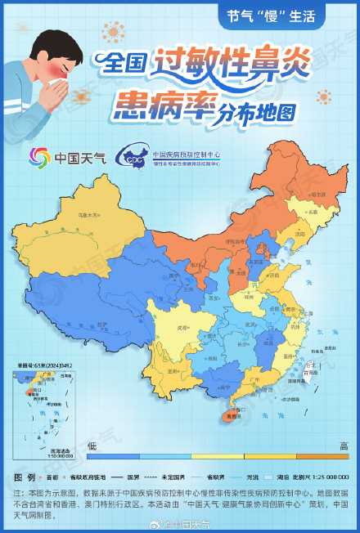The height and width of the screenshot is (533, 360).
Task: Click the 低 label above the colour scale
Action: coord(92,445)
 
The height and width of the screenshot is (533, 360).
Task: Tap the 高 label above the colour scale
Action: coord(344,445)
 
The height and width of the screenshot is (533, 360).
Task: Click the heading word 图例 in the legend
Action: coord(25,477)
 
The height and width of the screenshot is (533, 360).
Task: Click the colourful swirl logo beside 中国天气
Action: coord(39,156)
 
